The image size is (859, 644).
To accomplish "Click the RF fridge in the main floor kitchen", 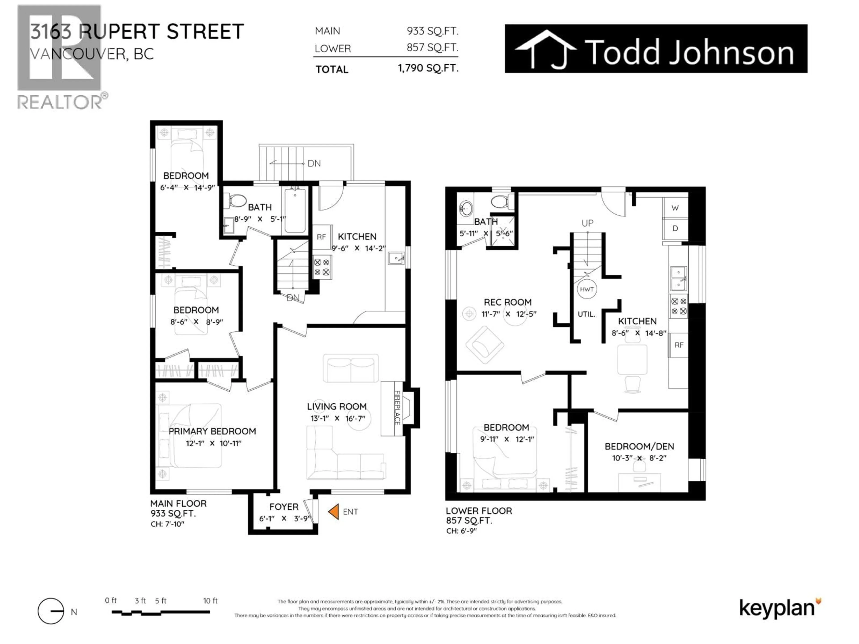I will click(321, 237).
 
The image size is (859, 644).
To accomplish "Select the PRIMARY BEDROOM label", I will click(212, 431).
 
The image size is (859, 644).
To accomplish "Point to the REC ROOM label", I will click(508, 302).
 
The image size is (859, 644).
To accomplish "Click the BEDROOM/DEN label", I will click(639, 446).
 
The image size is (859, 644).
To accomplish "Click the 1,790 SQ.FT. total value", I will click(428, 69).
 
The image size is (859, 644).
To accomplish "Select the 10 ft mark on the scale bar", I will click(210, 601).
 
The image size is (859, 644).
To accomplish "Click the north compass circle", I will click(51, 611).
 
